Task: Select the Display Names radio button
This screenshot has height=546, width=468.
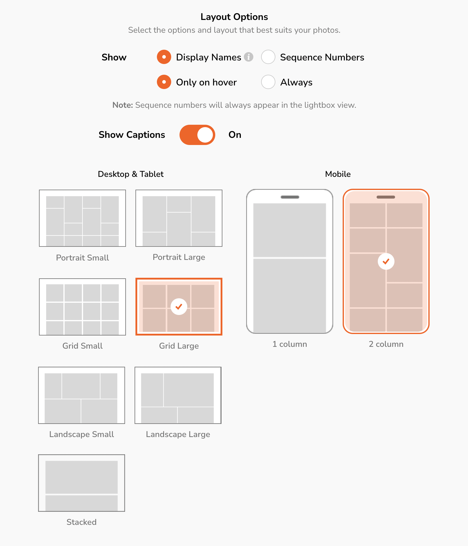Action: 164,57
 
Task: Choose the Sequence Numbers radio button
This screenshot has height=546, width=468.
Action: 268,57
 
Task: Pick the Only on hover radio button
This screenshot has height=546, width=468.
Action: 164,82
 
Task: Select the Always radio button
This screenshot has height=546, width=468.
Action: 268,82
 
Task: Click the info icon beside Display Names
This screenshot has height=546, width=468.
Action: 249,57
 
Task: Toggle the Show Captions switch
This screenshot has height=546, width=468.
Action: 197,135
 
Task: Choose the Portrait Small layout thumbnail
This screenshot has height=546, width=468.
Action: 82,218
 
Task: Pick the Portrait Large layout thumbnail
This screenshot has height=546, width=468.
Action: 179,218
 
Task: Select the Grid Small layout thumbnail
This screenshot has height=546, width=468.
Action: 82,307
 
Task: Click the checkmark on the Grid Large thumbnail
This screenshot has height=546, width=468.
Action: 179,306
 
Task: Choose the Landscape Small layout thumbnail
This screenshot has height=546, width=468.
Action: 82,395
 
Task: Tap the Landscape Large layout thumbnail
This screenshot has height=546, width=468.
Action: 178,395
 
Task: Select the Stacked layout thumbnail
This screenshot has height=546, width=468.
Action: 82,483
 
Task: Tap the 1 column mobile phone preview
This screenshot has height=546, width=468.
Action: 290,261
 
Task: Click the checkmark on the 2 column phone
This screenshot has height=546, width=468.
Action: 386,261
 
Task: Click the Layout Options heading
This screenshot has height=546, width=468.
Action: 234,17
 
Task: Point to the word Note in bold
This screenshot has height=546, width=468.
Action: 123,105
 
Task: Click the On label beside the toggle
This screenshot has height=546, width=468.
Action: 235,135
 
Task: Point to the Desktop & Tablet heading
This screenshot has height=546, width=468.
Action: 131,174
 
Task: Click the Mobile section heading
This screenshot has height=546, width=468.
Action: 338,174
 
